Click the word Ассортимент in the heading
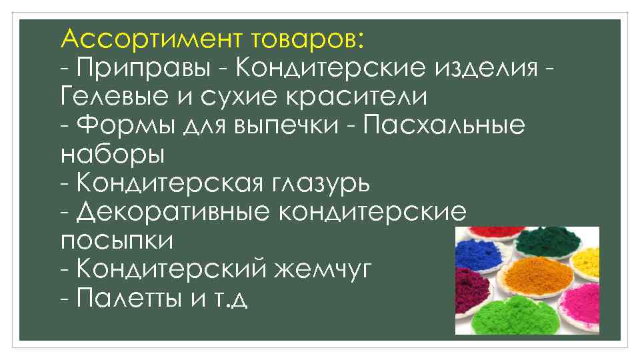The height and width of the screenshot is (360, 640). pyautogui.click(x=153, y=39)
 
